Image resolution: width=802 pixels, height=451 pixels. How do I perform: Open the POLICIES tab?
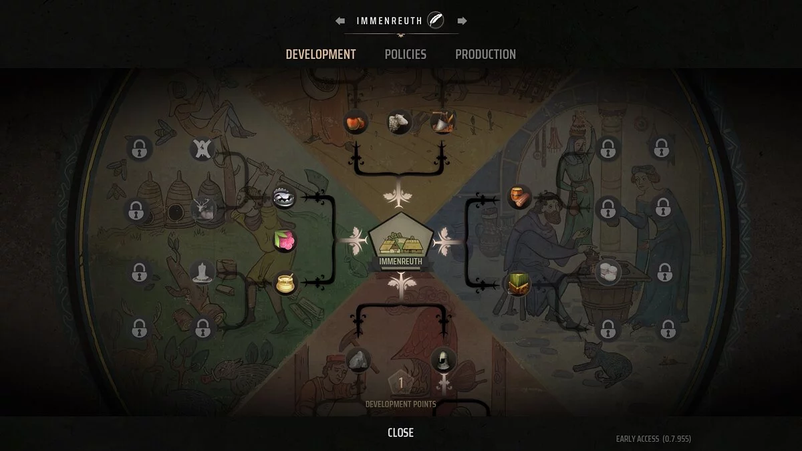(x=405, y=54)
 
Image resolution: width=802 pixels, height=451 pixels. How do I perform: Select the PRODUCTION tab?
(x=485, y=54)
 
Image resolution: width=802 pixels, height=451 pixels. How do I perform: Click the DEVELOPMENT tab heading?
(x=321, y=54)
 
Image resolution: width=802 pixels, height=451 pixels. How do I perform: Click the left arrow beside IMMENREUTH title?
(x=340, y=21)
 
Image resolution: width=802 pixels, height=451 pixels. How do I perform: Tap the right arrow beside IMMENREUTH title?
(x=462, y=21)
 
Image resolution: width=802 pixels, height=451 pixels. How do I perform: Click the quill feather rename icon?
(x=436, y=20)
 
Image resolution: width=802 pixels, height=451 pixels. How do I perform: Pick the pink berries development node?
(x=285, y=241)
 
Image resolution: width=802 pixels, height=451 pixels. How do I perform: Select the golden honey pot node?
(x=285, y=283)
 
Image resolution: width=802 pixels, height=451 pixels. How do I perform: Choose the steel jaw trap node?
(x=284, y=198)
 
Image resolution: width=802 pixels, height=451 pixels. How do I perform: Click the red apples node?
(x=355, y=123)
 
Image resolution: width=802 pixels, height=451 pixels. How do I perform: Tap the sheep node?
(x=399, y=122)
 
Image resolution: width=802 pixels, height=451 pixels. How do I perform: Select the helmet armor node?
(x=443, y=360)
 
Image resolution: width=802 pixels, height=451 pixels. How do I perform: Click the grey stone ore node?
(x=358, y=360)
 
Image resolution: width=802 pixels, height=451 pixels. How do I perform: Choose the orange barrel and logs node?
(x=519, y=197)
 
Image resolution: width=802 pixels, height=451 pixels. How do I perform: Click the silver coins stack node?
(x=608, y=271)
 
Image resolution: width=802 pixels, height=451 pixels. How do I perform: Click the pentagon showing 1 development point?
(x=401, y=384)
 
